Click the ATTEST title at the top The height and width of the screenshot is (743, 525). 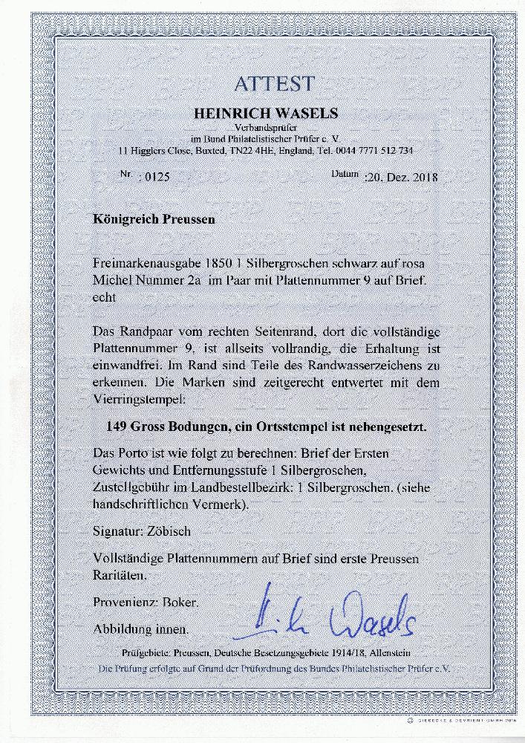tap(274, 84)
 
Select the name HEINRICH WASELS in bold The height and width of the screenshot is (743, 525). tap(265, 113)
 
